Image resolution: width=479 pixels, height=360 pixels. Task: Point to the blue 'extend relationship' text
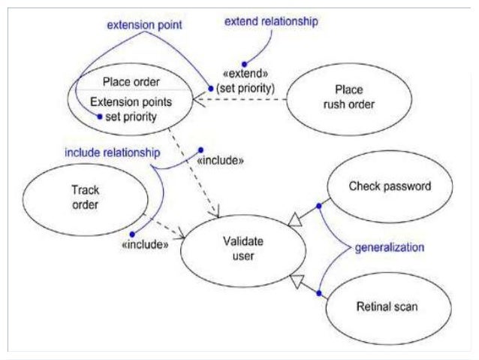pos(272,22)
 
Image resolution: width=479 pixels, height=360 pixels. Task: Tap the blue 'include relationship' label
pos(112,153)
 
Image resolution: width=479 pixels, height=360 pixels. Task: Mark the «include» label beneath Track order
pos(144,244)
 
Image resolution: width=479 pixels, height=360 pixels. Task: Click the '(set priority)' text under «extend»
pos(246,89)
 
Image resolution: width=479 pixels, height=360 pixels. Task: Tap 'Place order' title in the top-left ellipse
pos(131,82)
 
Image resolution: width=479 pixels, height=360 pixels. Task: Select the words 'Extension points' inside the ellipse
pos(131,101)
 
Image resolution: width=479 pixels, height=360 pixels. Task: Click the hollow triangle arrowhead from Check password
pos(296,218)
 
